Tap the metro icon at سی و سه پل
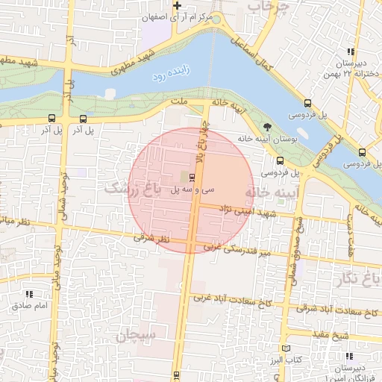tap(193, 177)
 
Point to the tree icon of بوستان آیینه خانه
tap(267, 128)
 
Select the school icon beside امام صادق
tap(30, 294)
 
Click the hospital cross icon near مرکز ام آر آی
tap(177, 6)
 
